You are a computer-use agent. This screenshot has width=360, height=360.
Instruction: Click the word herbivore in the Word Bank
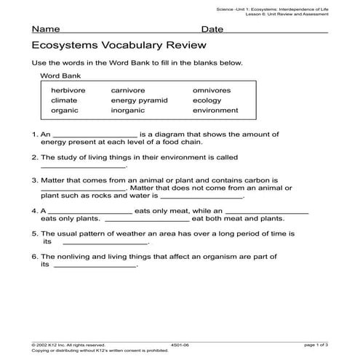(x=68, y=90)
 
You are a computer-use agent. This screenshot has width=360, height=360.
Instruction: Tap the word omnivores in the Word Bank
(x=212, y=90)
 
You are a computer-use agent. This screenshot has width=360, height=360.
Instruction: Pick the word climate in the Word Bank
(x=64, y=100)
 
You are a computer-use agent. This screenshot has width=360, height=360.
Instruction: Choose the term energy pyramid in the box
(x=140, y=100)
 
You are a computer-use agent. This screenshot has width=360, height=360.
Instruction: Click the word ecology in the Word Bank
(x=207, y=100)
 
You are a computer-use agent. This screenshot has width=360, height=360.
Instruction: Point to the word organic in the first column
(x=64, y=111)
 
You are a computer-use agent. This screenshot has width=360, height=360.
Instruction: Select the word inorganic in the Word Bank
(x=129, y=111)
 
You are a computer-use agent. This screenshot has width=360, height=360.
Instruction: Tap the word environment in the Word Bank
(x=215, y=111)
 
